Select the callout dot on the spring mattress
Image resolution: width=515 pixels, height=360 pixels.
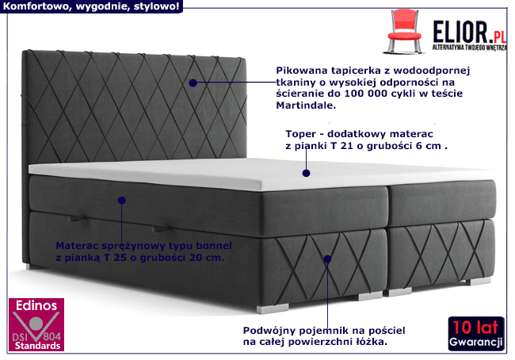[122, 201]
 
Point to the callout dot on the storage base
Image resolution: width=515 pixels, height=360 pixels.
[326, 258]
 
